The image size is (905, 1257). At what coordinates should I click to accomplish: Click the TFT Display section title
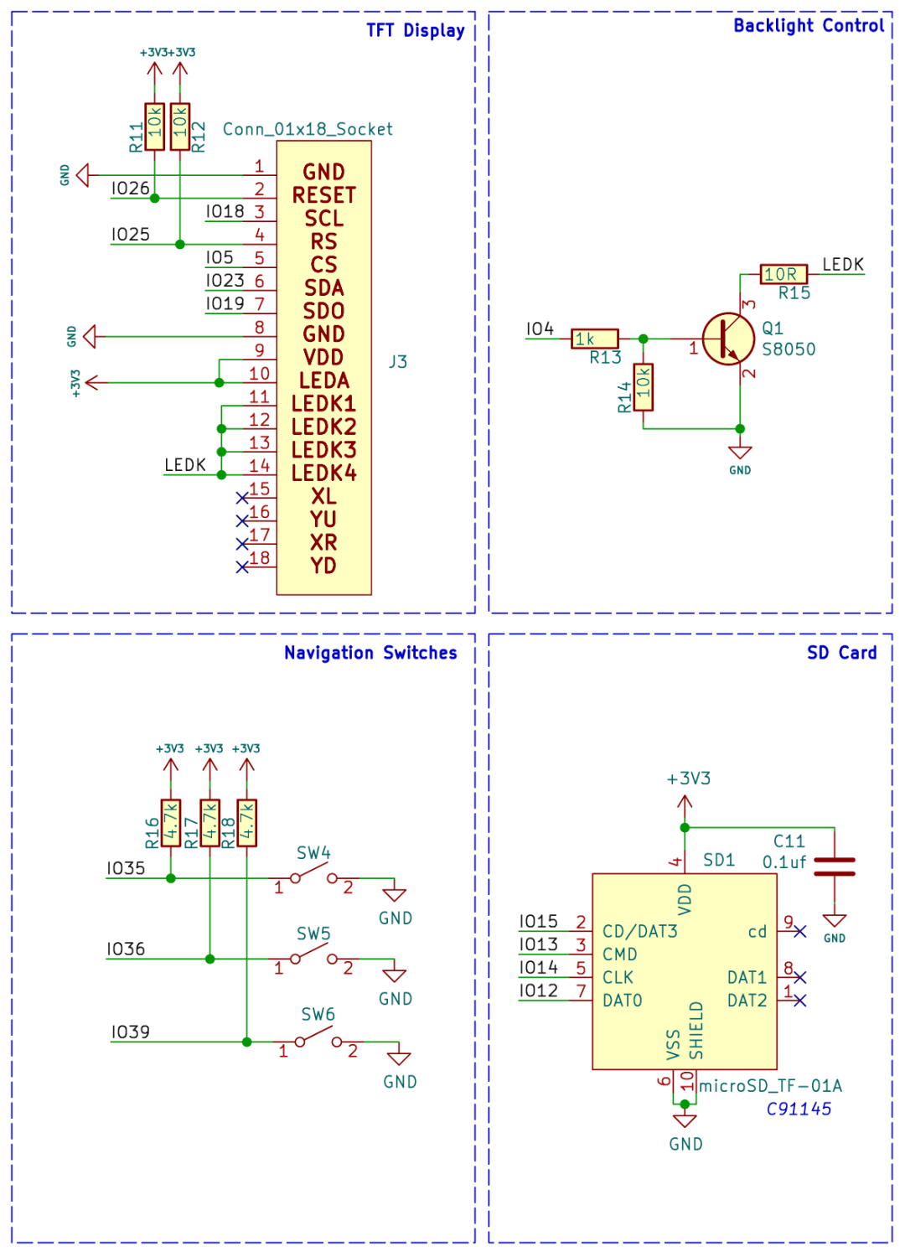point(415,31)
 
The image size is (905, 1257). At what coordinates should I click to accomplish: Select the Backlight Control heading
point(808,26)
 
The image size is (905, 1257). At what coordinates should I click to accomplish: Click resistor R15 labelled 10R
point(783,274)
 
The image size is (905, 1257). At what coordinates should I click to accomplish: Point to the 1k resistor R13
point(595,339)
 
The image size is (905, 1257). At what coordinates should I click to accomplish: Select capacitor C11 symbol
point(835,867)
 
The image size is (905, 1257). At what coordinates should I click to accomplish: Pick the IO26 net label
point(130,189)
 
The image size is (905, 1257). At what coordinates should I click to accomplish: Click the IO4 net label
point(540,329)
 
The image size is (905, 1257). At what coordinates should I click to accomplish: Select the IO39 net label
point(130,1032)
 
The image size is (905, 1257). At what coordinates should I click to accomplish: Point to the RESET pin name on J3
point(323,195)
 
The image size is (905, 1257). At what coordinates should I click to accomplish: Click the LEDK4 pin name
point(323,473)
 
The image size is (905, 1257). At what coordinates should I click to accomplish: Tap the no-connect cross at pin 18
point(242,567)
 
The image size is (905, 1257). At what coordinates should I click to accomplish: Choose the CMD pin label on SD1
point(619,954)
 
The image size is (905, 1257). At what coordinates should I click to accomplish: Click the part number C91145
point(799,1110)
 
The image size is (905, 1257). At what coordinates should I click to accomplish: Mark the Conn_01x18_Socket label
point(308,129)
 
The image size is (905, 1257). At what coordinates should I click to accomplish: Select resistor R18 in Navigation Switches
point(246,823)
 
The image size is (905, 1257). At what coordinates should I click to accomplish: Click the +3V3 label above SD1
point(688,779)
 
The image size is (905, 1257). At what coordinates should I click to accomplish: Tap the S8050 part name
point(788,349)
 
